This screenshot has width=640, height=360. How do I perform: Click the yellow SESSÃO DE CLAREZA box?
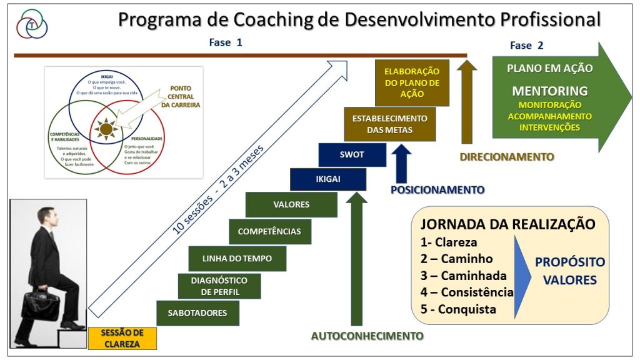[x=122, y=338]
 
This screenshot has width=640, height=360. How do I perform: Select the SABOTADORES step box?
[x=197, y=312]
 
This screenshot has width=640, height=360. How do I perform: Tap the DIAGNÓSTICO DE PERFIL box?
[x=219, y=286]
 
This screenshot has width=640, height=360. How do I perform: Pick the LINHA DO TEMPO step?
[x=237, y=258]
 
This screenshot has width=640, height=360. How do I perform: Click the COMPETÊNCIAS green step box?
[x=269, y=231]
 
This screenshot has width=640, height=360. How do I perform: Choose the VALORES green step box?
[x=291, y=204]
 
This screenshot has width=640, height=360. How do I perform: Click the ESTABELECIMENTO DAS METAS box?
[x=389, y=124]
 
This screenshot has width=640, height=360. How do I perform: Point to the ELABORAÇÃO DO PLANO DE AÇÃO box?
[x=412, y=82]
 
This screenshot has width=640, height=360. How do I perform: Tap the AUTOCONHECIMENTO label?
[x=367, y=336]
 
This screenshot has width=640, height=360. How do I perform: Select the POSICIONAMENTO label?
[x=437, y=189]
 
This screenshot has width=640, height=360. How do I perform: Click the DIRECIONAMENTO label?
[x=507, y=157]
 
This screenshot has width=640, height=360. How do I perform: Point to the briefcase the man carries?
[x=41, y=304]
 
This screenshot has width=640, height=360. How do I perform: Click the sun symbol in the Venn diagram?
[x=106, y=129]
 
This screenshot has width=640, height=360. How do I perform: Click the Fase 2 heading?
[x=526, y=45]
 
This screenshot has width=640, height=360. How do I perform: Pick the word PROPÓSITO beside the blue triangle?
[x=569, y=262]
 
